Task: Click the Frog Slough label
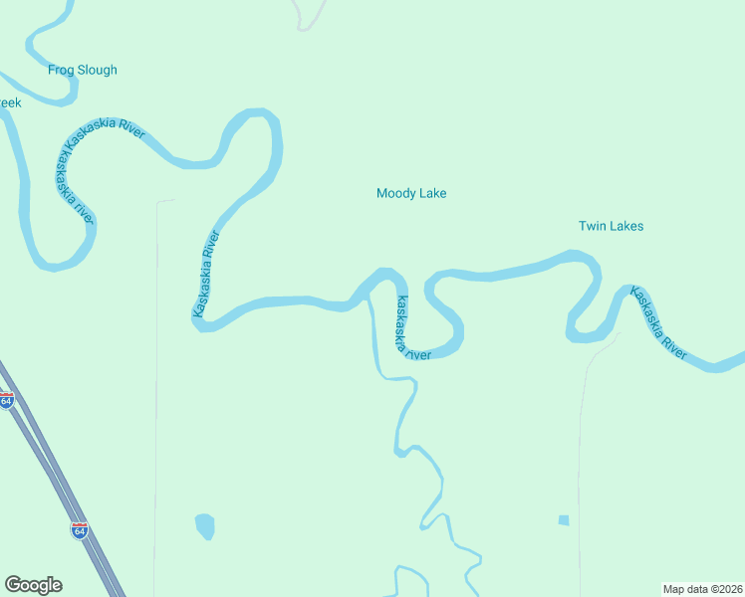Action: coord(83,70)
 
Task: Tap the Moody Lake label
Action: coord(411,193)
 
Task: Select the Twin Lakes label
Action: coord(611,226)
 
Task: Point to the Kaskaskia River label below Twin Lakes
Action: coord(658,322)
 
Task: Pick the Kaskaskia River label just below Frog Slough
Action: coord(105,135)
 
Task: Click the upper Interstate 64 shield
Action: coord(7,401)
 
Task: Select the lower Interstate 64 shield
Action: coord(80,529)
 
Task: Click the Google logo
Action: coord(34,585)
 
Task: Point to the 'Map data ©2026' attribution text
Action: coord(702,589)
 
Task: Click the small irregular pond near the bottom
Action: coord(204,525)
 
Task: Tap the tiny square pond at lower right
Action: coord(564,519)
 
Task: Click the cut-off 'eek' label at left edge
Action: coord(10,102)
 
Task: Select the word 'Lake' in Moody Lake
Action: coord(431,193)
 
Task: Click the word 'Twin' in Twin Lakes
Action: coord(592,226)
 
